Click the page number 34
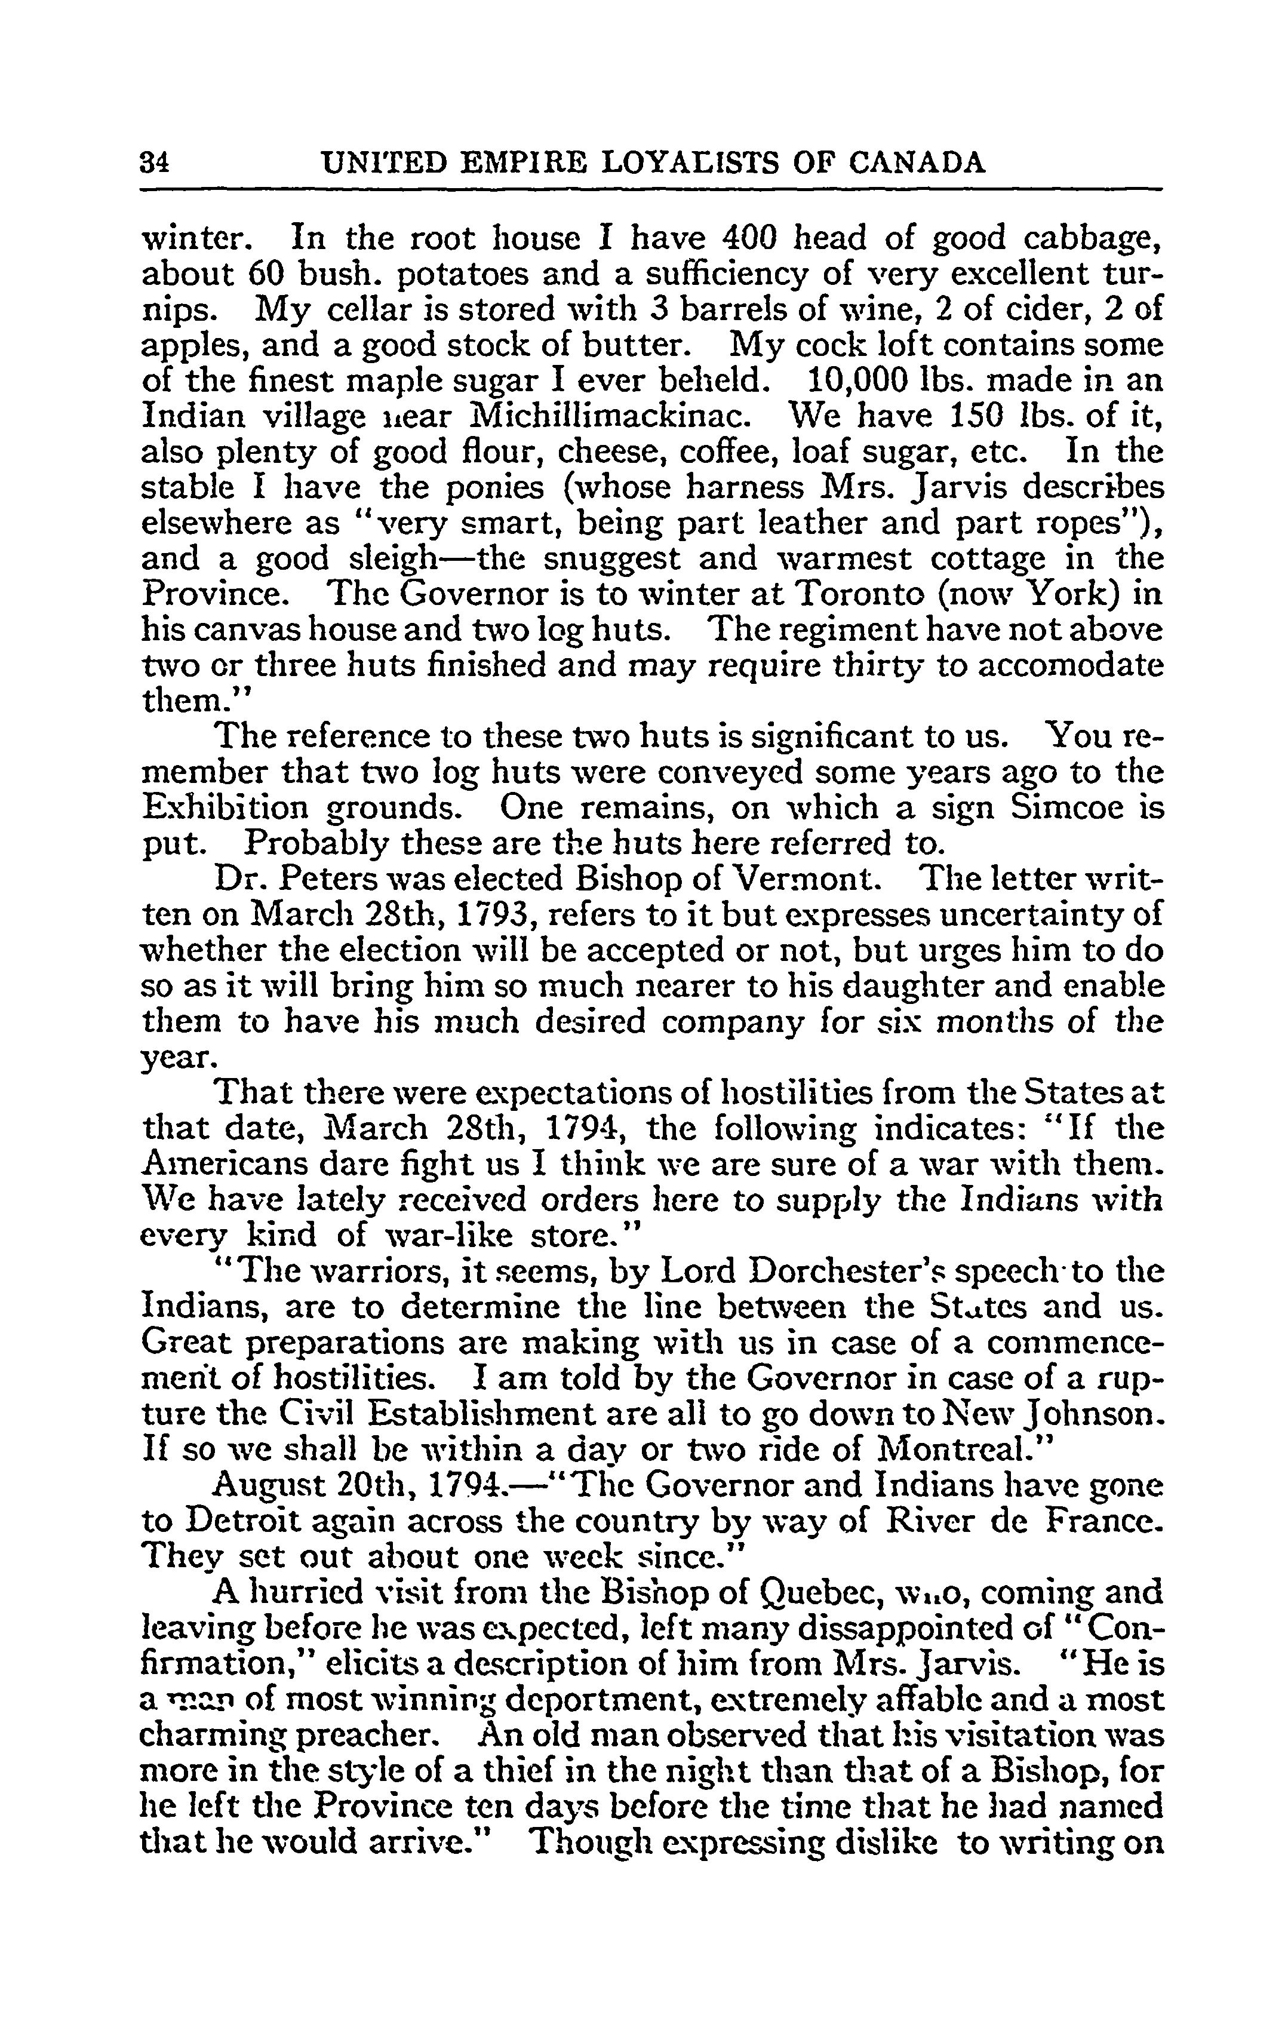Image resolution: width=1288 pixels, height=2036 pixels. click(x=155, y=162)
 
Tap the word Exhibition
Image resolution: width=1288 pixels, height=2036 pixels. click(x=228, y=807)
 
